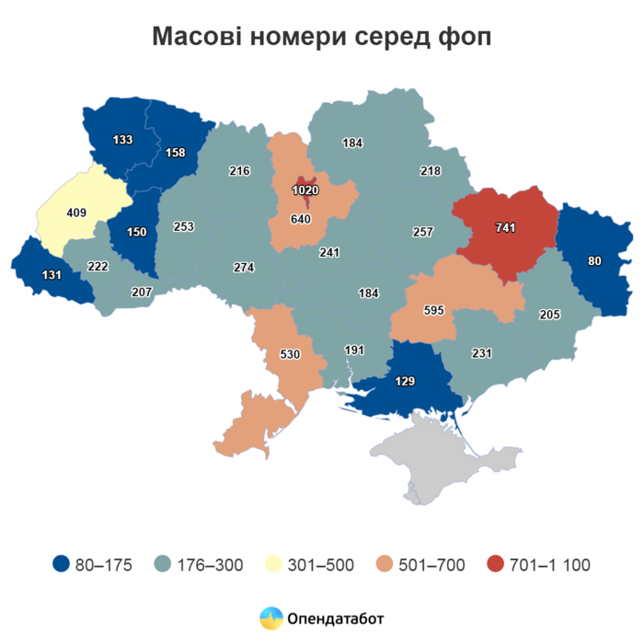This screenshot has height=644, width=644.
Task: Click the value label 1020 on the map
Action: pyautogui.click(x=305, y=190)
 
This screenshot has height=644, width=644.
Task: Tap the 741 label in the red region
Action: pyautogui.click(x=505, y=227)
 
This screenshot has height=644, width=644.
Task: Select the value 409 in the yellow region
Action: pyautogui.click(x=77, y=213)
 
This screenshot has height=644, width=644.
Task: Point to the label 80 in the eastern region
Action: pyautogui.click(x=594, y=260)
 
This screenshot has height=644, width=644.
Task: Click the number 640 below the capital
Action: pyautogui.click(x=301, y=219)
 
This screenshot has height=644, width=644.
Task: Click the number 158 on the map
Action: pyautogui.click(x=175, y=152)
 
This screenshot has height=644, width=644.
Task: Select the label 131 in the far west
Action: pyautogui.click(x=52, y=275)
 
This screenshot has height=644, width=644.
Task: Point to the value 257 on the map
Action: pyautogui.click(x=422, y=232)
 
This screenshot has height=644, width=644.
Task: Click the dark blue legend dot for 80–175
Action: pyautogui.click(x=62, y=564)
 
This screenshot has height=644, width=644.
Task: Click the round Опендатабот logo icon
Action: pyautogui.click(x=271, y=618)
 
